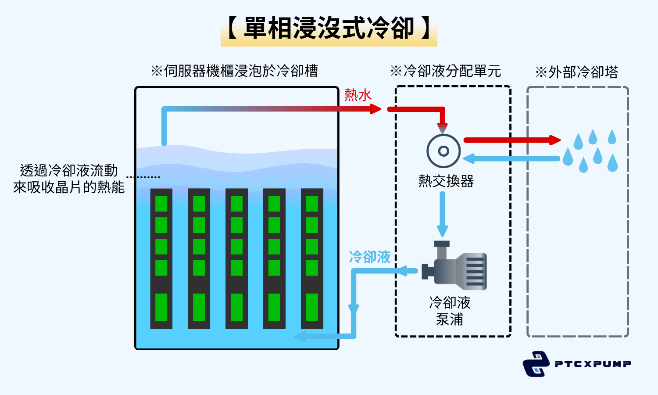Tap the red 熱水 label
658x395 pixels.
358,95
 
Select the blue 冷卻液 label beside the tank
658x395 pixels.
369,257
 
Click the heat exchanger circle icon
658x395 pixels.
443,151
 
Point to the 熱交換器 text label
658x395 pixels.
446,181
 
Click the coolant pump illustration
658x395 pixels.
454,268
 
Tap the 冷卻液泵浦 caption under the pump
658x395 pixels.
450,311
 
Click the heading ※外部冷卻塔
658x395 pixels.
576,72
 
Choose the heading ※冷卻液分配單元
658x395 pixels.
445,71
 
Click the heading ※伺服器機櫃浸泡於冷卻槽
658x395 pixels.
234,71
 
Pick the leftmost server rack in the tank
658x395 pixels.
161,259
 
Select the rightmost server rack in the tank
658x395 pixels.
312,259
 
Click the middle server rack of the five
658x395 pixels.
236,259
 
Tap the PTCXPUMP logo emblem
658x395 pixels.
536,364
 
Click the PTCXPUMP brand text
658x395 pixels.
593,364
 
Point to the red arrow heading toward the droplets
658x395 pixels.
511,140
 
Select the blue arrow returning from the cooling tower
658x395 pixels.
511,158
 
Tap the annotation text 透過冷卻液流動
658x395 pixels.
69,170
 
